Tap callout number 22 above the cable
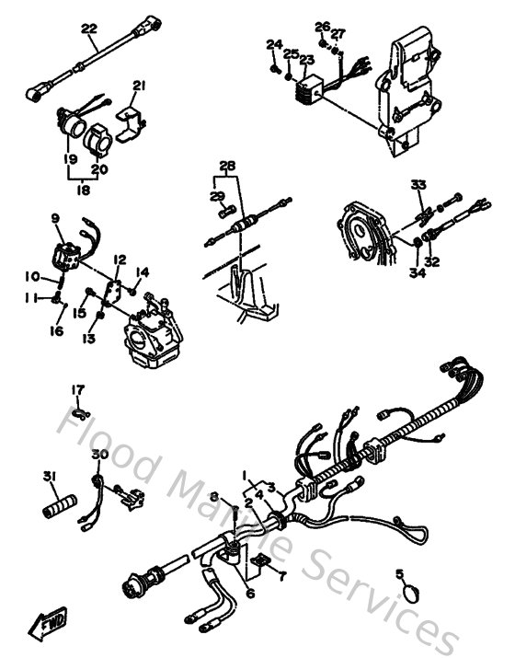tap(88, 29)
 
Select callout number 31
tap(48, 476)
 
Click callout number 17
tap(78, 388)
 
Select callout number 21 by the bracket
tap(139, 87)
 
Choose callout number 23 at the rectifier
tap(306, 60)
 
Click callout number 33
tap(418, 185)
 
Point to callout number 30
tap(98, 455)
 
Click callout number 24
tap(273, 44)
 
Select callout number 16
tap(57, 330)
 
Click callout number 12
tap(119, 260)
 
